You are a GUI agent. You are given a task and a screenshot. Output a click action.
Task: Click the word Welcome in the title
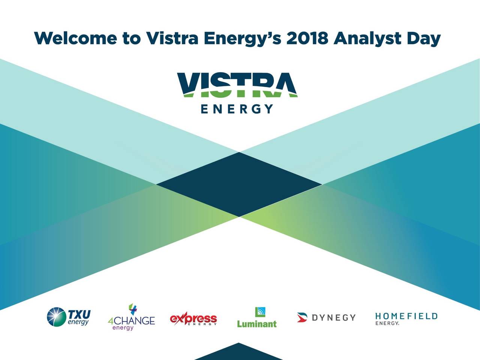tap(75, 38)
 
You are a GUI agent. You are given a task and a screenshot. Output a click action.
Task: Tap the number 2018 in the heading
tap(307, 38)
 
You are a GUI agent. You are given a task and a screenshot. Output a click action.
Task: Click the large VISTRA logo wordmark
tap(237, 85)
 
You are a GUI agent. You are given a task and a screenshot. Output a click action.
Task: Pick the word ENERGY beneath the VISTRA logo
tap(237, 109)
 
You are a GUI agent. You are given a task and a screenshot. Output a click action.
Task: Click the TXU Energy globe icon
tap(56, 317)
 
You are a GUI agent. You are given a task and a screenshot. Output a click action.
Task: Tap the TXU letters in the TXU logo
tap(79, 314)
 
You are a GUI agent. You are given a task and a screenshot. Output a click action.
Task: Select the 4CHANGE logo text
tap(131, 321)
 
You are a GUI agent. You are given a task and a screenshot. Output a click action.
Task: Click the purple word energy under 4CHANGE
tap(123, 328)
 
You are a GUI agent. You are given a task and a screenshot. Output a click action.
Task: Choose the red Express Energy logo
tap(193, 319)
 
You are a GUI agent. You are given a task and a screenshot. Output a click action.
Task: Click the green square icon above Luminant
tap(260, 312)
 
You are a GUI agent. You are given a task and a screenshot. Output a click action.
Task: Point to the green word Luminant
tap(257, 324)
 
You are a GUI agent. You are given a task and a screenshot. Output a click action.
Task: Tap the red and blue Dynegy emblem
tap(302, 317)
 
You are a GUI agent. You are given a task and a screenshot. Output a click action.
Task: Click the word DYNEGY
tap(334, 318)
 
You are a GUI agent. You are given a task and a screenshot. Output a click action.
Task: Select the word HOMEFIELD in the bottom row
tap(406, 316)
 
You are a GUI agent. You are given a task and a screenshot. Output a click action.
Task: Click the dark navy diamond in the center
tap(239, 184)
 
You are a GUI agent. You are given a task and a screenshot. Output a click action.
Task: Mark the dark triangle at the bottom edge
tap(238, 353)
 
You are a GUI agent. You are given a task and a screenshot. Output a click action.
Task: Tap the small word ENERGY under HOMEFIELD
tap(387, 323)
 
